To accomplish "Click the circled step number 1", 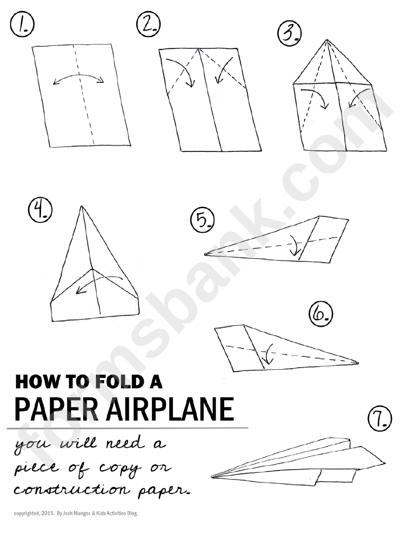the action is pyautogui.click(x=22, y=24).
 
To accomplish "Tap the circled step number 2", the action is pyautogui.click(x=149, y=24).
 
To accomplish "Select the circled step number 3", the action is pyautogui.click(x=290, y=34).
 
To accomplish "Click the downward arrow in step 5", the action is pyautogui.click(x=295, y=246).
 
